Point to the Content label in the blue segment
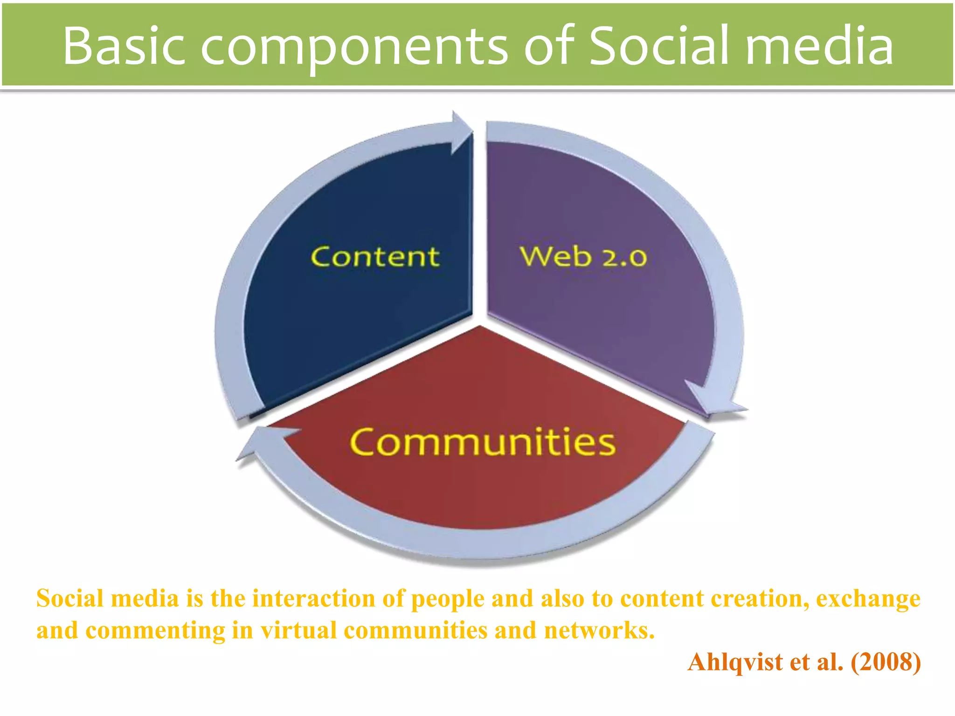[x=375, y=257]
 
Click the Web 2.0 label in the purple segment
[x=583, y=257]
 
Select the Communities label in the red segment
[x=483, y=441]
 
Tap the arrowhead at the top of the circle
[x=461, y=133]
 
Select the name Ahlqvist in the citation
[x=735, y=661]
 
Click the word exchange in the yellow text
[x=868, y=599]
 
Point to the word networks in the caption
[x=599, y=630]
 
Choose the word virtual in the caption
[x=298, y=630]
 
